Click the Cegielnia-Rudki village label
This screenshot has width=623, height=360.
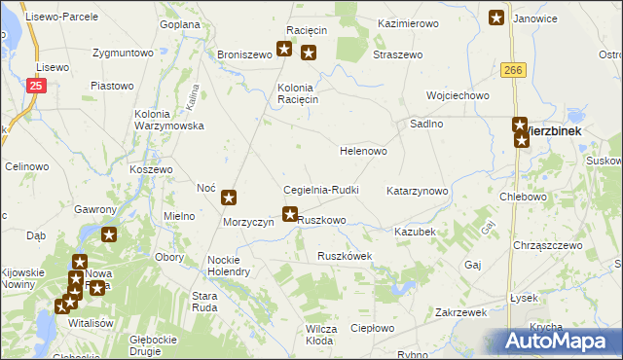[321, 190]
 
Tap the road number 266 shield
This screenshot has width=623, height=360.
[515, 70]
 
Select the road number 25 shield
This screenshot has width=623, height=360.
[36, 88]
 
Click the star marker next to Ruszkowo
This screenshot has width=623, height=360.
[289, 214]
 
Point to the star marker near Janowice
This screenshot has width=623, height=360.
[496, 17]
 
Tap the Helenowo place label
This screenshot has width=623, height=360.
[363, 152]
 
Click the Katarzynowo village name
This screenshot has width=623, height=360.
[418, 192]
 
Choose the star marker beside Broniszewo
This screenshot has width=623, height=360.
[284, 49]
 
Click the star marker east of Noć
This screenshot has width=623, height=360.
[229, 198]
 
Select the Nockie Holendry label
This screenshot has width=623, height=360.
[230, 266]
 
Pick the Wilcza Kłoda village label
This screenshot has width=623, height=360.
[320, 336]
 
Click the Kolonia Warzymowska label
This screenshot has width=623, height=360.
[168, 121]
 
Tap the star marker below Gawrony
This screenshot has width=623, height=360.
[109, 234]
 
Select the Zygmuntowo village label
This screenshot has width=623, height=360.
[124, 53]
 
